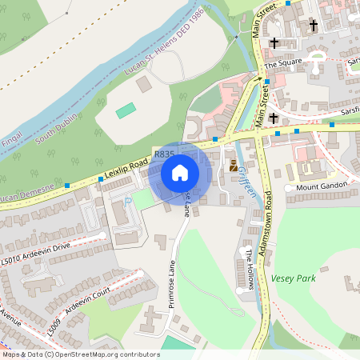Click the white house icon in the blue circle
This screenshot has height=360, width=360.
tap(180, 172)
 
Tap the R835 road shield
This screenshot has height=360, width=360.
tap(164, 152)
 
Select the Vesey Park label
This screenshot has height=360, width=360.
tap(293, 278)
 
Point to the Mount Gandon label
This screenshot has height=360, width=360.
tap(324, 187)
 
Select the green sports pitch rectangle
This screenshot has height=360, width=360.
tap(126, 110)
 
